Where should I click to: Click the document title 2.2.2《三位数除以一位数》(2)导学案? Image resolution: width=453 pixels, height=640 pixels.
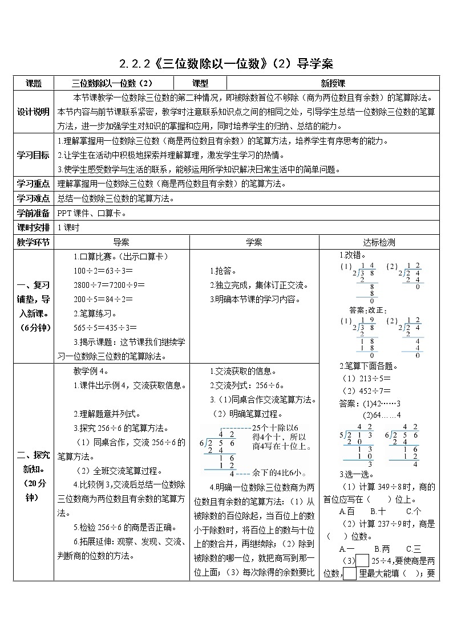point(226,63)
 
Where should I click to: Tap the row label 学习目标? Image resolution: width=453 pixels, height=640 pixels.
point(34,155)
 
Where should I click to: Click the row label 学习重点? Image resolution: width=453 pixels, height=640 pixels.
point(34,184)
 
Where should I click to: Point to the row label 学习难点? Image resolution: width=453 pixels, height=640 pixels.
point(34,199)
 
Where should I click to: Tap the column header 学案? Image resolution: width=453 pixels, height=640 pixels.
point(254,242)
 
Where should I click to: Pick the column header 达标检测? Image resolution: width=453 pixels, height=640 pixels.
point(379,242)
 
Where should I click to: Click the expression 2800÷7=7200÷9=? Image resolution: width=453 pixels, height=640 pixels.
point(110,284)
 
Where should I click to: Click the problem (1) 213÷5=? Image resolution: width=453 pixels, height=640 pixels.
point(366,378)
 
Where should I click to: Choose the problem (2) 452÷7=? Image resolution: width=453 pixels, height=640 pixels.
point(366,391)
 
